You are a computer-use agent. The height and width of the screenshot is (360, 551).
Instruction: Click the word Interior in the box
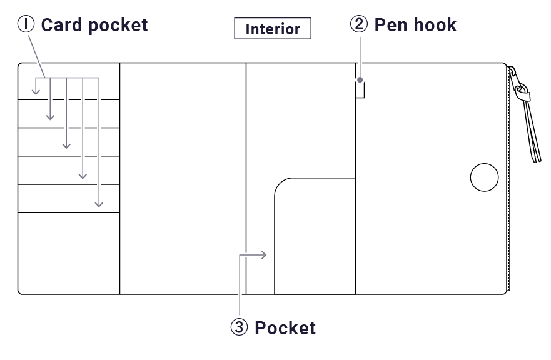[273, 29]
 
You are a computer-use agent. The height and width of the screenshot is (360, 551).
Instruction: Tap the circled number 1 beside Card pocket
[26, 25]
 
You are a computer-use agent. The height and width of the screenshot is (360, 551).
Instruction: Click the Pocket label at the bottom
[285, 327]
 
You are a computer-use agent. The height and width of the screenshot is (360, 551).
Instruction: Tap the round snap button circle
[484, 177]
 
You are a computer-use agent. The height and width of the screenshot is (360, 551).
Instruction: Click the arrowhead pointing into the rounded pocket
[265, 254]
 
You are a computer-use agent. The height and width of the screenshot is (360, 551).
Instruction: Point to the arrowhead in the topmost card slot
[36, 92]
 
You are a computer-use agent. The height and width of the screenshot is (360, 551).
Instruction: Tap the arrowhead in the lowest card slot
[99, 204]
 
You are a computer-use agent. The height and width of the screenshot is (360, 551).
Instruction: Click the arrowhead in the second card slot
[51, 117]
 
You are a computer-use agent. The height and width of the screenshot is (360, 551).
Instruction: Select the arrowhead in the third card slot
[66, 146]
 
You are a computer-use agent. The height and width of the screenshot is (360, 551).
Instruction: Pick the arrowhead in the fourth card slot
[83, 176]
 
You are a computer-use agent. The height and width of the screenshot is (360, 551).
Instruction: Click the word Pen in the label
[388, 25]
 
